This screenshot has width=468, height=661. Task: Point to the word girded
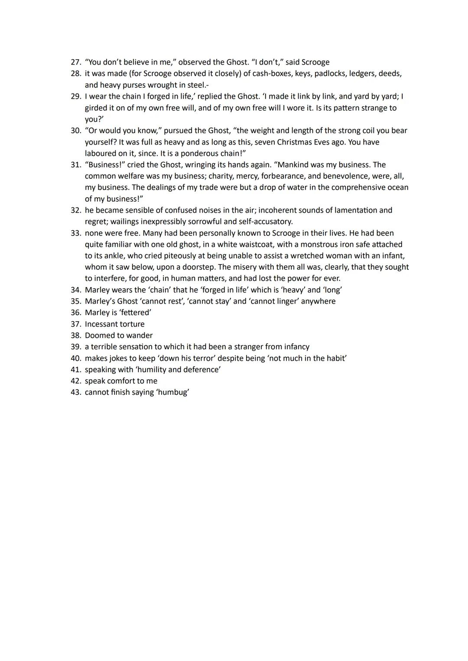(x=97, y=108)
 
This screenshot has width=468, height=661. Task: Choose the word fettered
(x=135, y=313)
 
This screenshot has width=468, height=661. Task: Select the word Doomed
(x=98, y=335)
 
